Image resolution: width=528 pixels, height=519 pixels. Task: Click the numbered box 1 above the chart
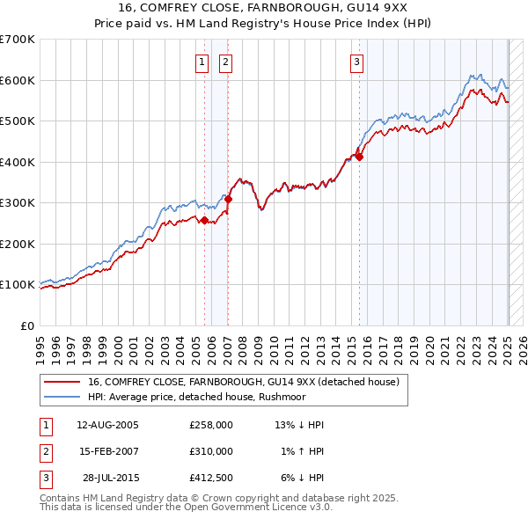[x=202, y=62]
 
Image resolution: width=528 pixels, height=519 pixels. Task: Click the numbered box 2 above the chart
[x=226, y=62]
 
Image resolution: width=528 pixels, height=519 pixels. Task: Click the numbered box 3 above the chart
[x=356, y=62]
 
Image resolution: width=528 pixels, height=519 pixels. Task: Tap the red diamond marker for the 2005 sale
[x=205, y=220]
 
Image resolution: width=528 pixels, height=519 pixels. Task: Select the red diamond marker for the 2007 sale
[x=228, y=199]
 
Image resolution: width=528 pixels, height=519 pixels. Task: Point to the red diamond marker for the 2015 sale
[x=359, y=157]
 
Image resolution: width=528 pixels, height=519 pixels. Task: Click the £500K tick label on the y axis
[x=18, y=121]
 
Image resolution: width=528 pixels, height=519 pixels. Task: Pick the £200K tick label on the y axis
[x=18, y=244]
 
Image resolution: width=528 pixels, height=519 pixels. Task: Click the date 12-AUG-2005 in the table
[x=107, y=425]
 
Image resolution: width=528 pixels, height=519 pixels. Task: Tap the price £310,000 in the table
[x=211, y=451]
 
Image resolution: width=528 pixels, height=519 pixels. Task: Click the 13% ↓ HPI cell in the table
[x=299, y=425]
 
